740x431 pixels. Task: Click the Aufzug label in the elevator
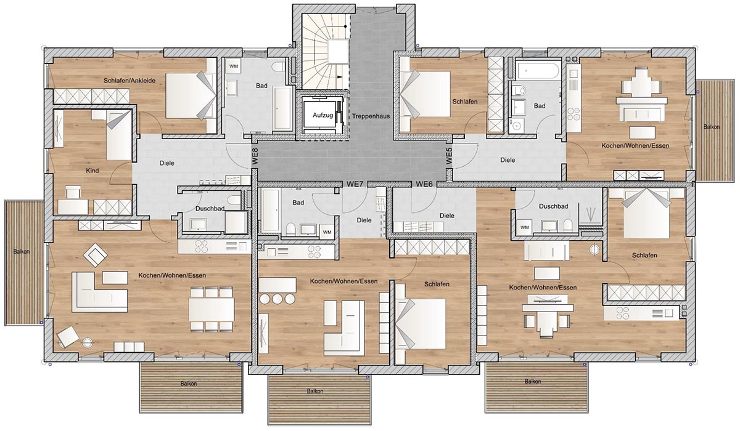click(323, 115)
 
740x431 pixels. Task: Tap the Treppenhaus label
click(371, 116)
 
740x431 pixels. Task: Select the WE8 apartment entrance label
click(255, 157)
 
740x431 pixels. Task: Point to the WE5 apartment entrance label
click(449, 156)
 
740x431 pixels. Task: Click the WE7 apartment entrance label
click(355, 184)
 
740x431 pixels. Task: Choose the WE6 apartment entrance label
click(424, 184)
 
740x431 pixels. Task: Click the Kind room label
click(92, 171)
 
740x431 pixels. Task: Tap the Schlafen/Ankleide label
click(129, 81)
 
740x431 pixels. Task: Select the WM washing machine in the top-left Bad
click(234, 66)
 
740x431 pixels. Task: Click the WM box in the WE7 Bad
click(327, 232)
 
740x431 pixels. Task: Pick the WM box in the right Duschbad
click(524, 228)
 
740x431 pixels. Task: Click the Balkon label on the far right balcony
click(711, 127)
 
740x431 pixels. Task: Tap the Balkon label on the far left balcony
click(22, 252)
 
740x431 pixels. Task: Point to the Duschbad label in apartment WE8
click(210, 208)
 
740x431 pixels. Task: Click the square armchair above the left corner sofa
click(95, 255)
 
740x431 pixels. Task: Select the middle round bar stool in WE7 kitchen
click(277, 299)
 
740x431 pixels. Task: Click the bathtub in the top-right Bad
click(538, 71)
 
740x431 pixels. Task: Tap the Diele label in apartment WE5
click(508, 160)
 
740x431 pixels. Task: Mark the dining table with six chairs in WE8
click(212, 309)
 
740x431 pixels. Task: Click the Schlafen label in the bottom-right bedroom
click(644, 256)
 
